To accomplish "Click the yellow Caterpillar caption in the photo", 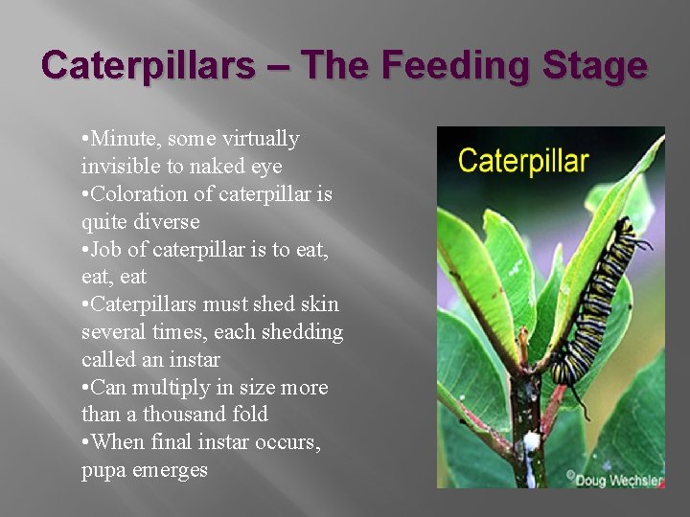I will [522, 160].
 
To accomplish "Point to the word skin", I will [319, 304].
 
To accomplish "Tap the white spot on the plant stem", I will [530, 441].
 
